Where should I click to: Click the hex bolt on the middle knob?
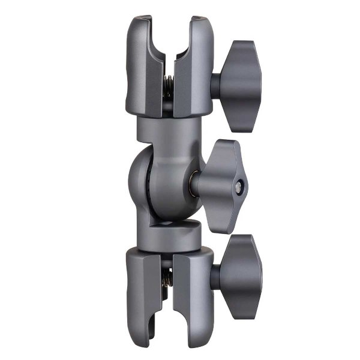(240, 187)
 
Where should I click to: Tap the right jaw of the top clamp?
(193, 66)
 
